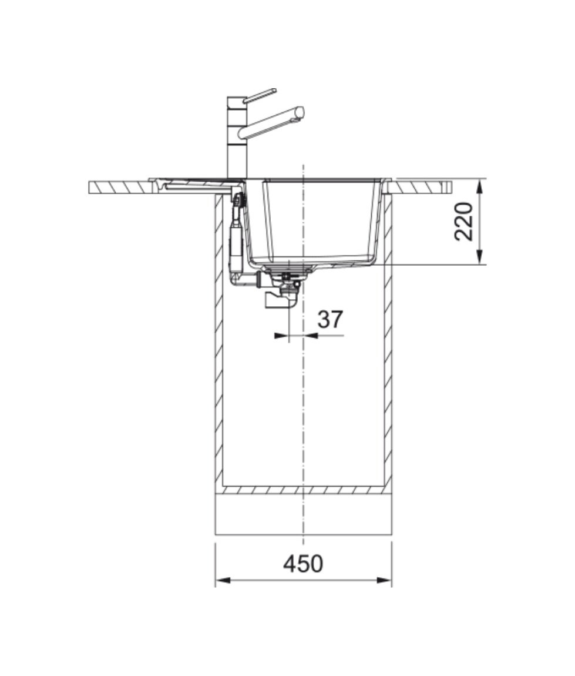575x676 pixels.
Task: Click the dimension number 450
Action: pos(303,564)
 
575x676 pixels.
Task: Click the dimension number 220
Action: pos(463,221)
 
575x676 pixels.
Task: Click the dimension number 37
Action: pos(330,319)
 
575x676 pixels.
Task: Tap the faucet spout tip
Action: pos(300,111)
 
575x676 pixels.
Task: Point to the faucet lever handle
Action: pos(260,95)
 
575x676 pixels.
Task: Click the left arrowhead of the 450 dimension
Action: pos(222,580)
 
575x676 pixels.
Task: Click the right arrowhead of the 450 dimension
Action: pos(384,580)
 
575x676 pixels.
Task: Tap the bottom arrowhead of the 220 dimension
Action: pos(479,256)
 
